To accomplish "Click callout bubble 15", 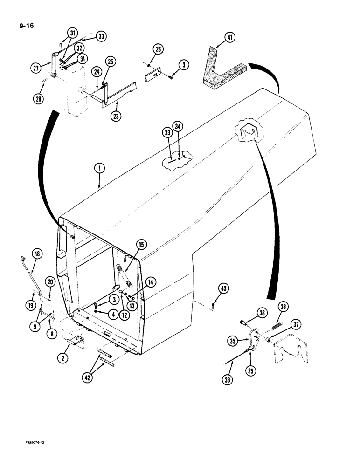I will [141, 245].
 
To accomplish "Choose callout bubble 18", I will [37, 254].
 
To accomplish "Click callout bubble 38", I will [283, 307].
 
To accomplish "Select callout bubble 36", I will [262, 314].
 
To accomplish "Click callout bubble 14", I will [151, 281].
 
